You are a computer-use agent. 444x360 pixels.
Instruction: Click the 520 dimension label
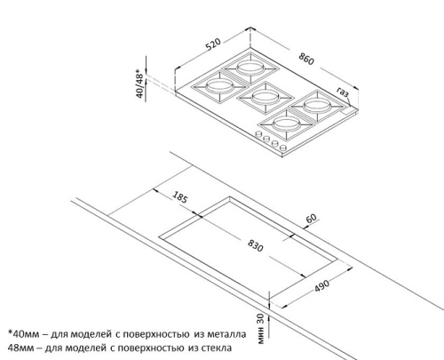(213, 44)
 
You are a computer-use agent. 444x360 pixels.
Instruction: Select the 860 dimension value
(306, 59)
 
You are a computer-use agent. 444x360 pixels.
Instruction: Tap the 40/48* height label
(139, 84)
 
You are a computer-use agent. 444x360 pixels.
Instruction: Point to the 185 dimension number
(180, 197)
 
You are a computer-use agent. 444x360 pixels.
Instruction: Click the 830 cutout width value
(255, 245)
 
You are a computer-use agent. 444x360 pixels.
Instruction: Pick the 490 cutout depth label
(321, 285)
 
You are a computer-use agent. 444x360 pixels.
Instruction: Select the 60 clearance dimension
(312, 219)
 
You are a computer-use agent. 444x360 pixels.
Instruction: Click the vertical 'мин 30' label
(260, 329)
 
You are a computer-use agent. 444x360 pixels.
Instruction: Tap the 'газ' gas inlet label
(343, 92)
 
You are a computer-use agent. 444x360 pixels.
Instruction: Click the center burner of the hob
(266, 97)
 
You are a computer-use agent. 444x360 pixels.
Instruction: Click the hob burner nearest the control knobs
(287, 124)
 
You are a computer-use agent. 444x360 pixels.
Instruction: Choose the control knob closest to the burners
(258, 134)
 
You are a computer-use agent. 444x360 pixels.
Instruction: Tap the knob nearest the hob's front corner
(283, 148)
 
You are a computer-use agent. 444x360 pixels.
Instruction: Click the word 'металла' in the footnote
(226, 334)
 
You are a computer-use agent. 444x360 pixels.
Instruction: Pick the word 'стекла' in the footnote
(216, 348)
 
